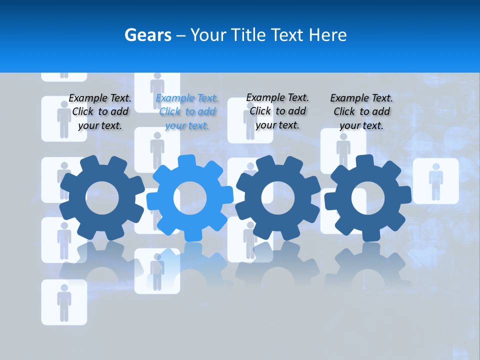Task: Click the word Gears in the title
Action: (147, 35)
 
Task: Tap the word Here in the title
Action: (327, 35)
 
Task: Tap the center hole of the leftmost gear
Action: (102, 198)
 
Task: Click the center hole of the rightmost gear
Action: (368, 198)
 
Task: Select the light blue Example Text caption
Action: (187, 112)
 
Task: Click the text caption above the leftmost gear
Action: (100, 112)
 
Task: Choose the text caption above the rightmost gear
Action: (361, 112)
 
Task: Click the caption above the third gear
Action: (277, 111)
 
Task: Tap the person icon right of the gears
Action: (435, 181)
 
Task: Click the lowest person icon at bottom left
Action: (64, 302)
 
